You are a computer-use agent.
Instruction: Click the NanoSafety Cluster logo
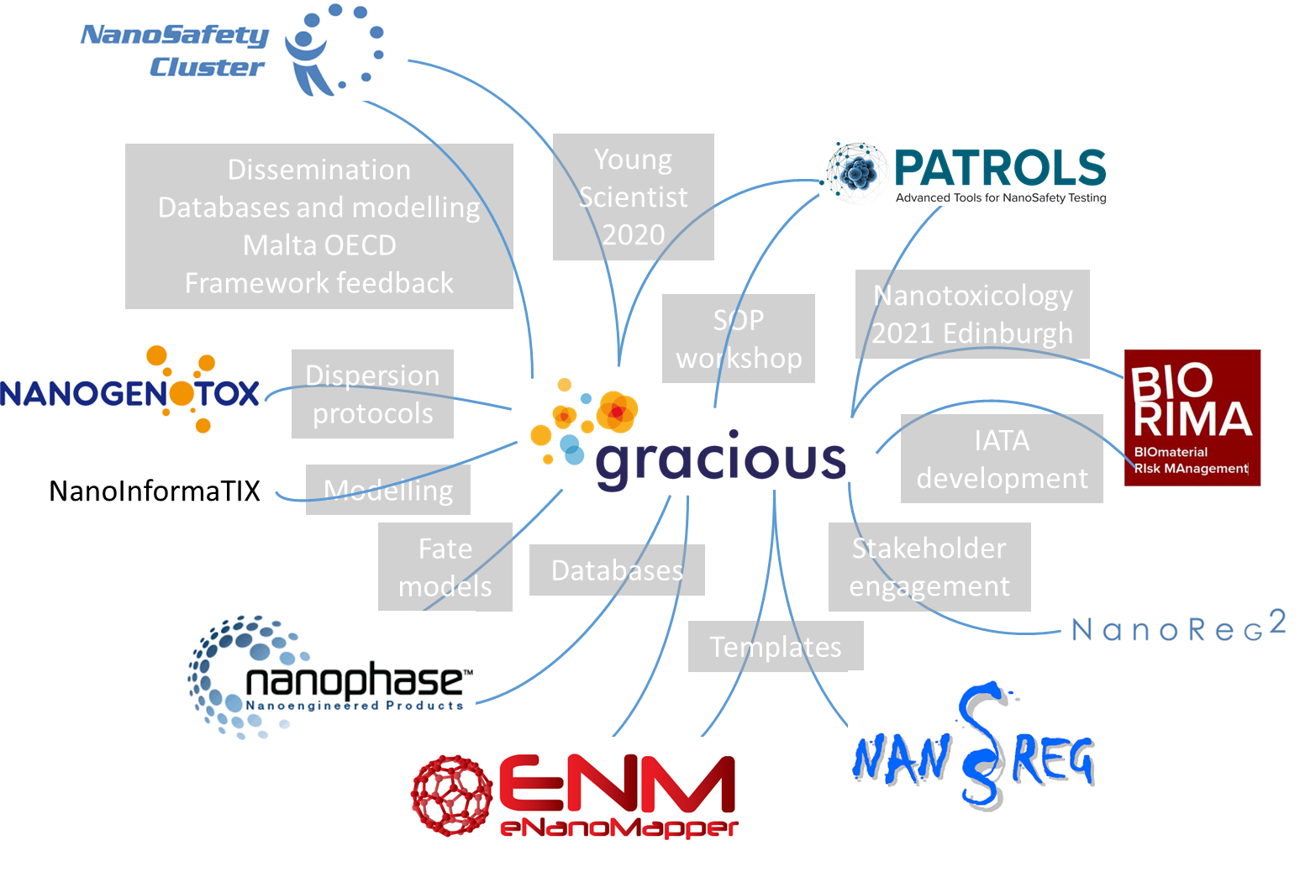pyautogui.click(x=231, y=50)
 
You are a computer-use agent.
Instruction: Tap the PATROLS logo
pyautogui.click(x=962, y=174)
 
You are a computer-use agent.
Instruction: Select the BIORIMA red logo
pyautogui.click(x=1192, y=418)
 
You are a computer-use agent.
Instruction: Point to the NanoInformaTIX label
pyautogui.click(x=155, y=491)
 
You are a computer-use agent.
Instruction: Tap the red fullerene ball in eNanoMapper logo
pyautogui.click(x=451, y=795)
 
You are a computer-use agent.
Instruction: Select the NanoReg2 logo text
pyautogui.click(x=1177, y=628)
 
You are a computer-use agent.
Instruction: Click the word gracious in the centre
pyautogui.click(x=720, y=460)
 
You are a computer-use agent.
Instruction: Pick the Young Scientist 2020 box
pyautogui.click(x=633, y=197)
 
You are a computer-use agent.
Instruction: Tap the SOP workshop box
pyautogui.click(x=739, y=339)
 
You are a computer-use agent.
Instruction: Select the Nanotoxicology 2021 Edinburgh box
pyautogui.click(x=972, y=314)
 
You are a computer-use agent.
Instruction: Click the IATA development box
pyautogui.click(x=1002, y=459)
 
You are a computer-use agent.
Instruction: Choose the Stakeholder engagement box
pyautogui.click(x=929, y=566)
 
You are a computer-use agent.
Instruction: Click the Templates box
pyautogui.click(x=775, y=647)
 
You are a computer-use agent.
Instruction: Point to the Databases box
pyautogui.click(x=617, y=570)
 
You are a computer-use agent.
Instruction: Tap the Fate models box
pyautogui.click(x=445, y=567)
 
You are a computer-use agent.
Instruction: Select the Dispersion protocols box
pyautogui.click(x=372, y=394)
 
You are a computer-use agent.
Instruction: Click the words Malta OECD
pyautogui.click(x=319, y=245)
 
